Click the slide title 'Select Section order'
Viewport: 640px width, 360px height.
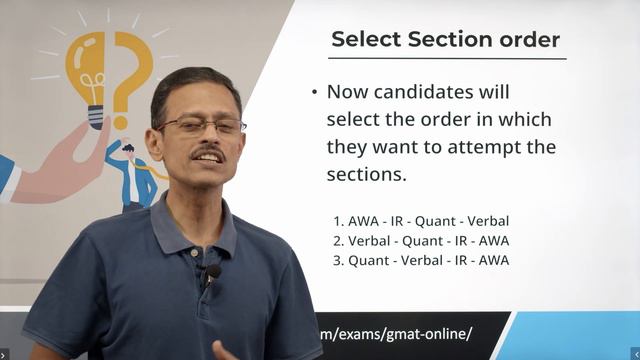click(x=445, y=40)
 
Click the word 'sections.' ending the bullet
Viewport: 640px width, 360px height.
click(x=366, y=174)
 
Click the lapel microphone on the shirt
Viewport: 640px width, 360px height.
click(x=212, y=272)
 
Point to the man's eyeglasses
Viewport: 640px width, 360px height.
click(x=200, y=126)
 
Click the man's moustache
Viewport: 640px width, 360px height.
click(x=207, y=154)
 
